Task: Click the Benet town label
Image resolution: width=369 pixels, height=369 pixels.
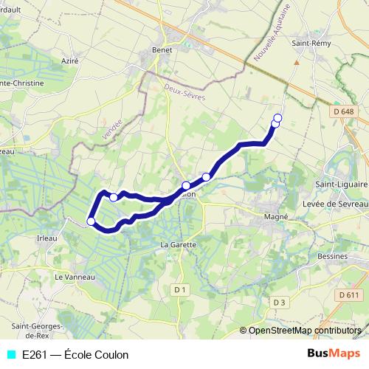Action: (x=162, y=49)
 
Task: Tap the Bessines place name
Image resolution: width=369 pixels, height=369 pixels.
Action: (x=334, y=256)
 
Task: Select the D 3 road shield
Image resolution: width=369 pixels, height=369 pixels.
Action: (x=278, y=302)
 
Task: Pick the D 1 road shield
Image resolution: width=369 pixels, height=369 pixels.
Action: (x=180, y=290)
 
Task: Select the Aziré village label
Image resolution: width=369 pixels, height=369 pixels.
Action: (x=70, y=61)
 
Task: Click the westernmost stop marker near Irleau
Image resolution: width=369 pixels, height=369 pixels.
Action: (x=91, y=221)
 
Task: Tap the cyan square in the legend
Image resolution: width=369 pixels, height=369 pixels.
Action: (x=10, y=355)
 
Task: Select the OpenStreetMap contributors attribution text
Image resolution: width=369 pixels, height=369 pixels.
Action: (x=306, y=330)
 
